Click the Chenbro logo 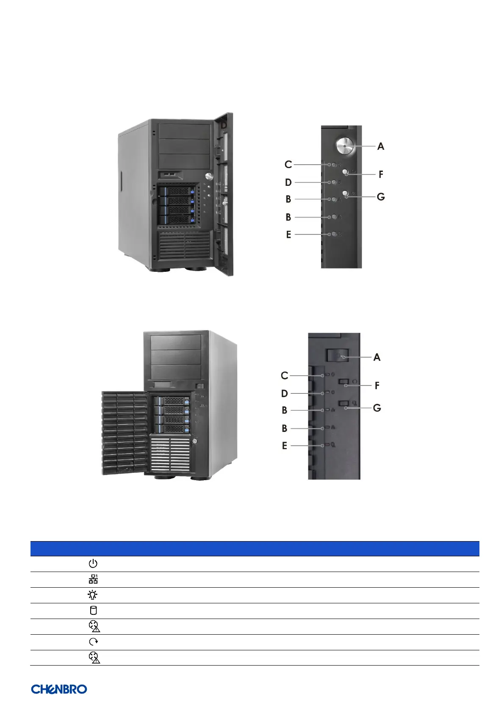coord(59,689)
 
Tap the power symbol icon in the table coord(93,564)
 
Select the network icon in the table coord(93,579)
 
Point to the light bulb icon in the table coord(92,595)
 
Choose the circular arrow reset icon coord(93,642)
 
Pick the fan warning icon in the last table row coord(94,658)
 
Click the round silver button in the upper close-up coord(344,146)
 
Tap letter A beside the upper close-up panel coord(381,146)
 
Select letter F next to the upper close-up coord(381,174)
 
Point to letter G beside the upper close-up coord(381,197)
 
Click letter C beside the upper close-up coord(288,164)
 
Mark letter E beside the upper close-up coord(288,235)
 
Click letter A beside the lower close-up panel coord(377,357)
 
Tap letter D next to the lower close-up coord(285,394)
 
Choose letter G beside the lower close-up coord(377,408)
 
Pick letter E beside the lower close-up coord(285,446)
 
